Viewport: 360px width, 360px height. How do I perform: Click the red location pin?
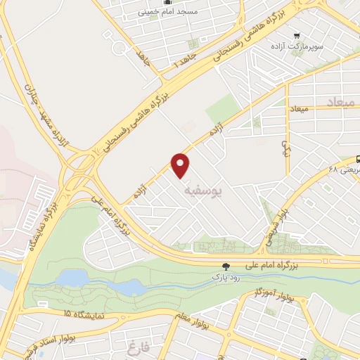click(x=181, y=164)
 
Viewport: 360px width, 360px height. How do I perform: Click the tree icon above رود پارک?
click(x=226, y=266)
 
